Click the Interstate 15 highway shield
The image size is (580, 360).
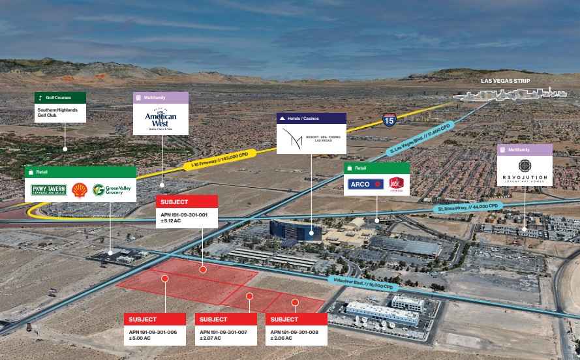click(x=389, y=120)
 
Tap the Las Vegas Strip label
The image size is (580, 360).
click(x=505, y=82)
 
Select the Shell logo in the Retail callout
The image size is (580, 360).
click(x=80, y=190)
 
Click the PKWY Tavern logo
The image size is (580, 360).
click(x=49, y=190)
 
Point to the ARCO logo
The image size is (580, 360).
click(x=365, y=184)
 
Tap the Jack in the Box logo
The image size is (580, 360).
click(x=396, y=184)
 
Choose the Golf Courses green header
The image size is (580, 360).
click(x=60, y=97)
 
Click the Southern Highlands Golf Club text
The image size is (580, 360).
click(x=60, y=113)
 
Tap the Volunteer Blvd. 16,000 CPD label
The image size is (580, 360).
click(x=362, y=283)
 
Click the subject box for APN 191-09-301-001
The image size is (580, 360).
click(x=186, y=211)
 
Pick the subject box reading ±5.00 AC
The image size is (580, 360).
click(x=155, y=329)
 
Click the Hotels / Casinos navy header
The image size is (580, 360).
click(x=311, y=118)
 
